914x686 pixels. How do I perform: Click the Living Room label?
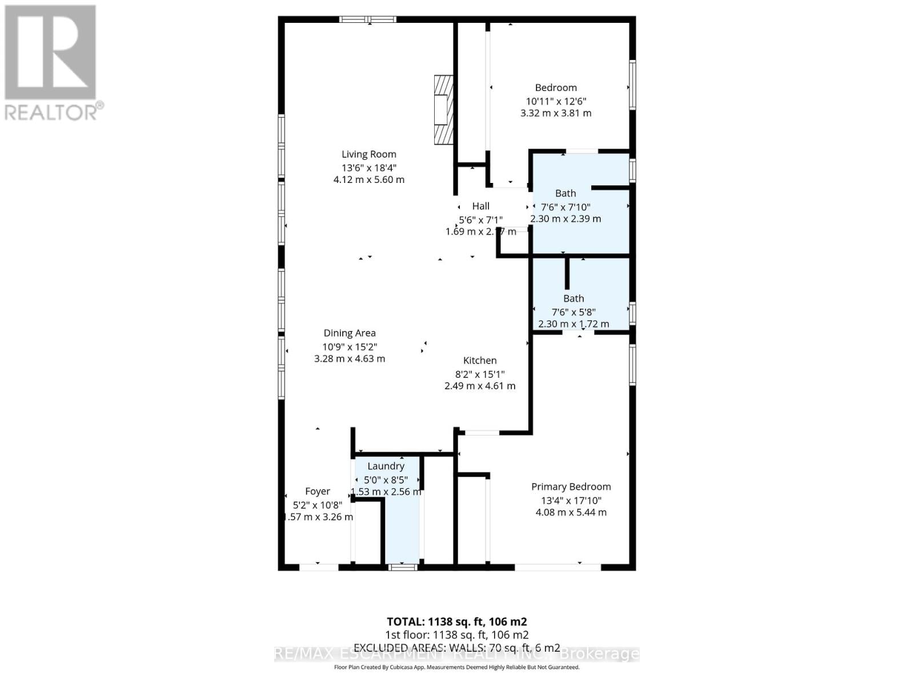[368, 154]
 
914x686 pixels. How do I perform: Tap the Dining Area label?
[350, 333]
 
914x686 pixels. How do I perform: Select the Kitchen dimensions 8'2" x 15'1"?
[480, 374]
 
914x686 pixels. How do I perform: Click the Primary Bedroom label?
[571, 486]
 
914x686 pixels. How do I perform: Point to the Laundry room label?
[386, 466]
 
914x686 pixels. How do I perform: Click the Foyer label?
[318, 492]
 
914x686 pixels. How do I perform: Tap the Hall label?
[480, 206]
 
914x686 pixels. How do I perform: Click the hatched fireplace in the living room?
[443, 109]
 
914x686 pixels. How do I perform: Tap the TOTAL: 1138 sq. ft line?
[456, 622]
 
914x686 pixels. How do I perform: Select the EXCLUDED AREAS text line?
[456, 648]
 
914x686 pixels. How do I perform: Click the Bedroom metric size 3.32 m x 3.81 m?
[555, 113]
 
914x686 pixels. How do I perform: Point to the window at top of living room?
[368, 19]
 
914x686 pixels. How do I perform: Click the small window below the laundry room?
[402, 567]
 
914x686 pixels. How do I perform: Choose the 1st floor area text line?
[456, 635]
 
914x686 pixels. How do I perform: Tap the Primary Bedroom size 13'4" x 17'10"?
[571, 500]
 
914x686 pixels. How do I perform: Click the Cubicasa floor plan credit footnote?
[456, 667]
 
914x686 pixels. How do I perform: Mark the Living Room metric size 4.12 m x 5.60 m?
[368, 180]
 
